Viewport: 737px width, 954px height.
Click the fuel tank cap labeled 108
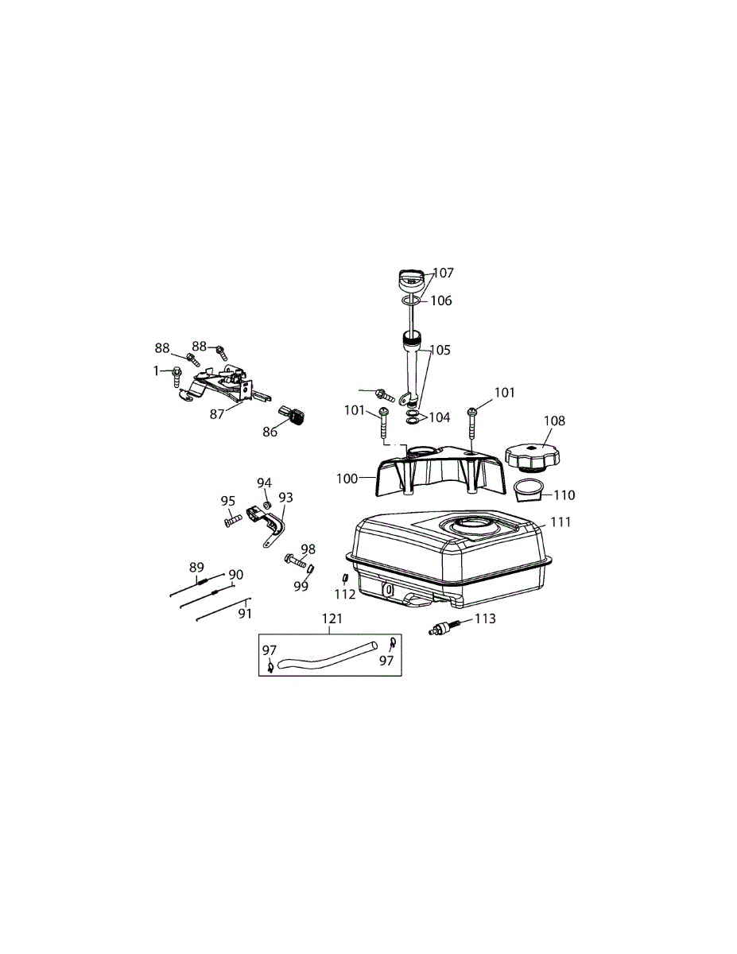533,459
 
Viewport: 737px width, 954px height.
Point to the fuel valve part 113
444,628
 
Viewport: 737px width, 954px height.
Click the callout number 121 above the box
332,619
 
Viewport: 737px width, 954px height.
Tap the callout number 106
440,301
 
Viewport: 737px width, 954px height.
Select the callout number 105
440,350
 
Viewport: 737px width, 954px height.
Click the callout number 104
440,417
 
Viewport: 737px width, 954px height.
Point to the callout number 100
347,479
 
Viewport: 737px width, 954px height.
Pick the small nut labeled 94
267,505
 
